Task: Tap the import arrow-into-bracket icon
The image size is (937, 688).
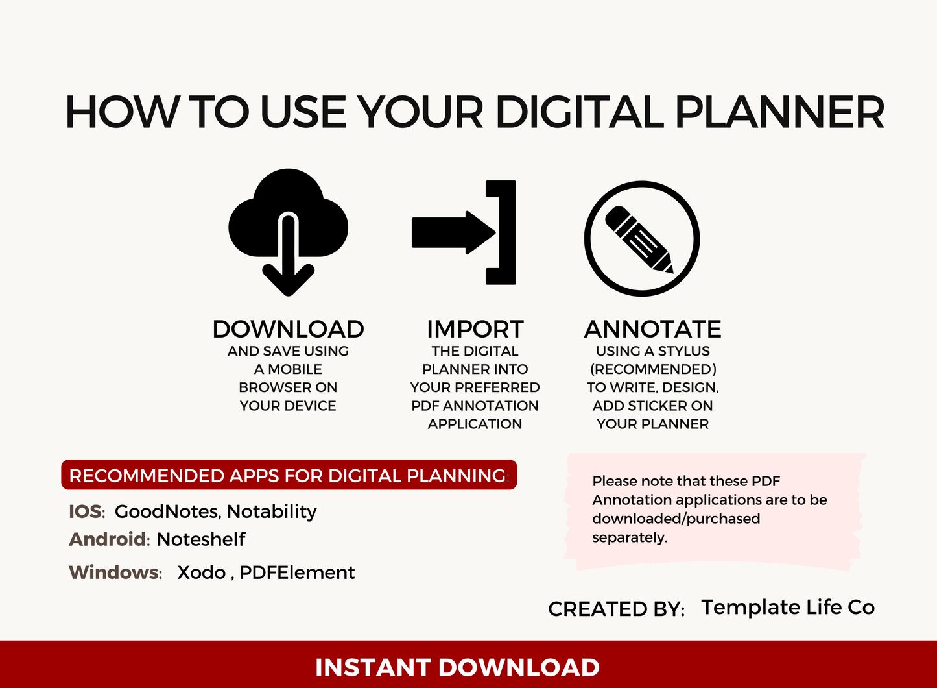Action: pyautogui.click(x=464, y=232)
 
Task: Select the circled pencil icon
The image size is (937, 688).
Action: pyautogui.click(x=641, y=238)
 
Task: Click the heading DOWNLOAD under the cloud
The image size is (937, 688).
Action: pyautogui.click(x=288, y=329)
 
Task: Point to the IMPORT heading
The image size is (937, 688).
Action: pyautogui.click(x=475, y=329)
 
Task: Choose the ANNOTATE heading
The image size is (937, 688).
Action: pyautogui.click(x=652, y=329)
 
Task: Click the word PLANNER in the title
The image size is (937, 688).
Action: pyautogui.click(x=779, y=112)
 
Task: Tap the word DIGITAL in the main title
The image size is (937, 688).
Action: pyautogui.click(x=580, y=112)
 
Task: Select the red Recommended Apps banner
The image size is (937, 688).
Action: pyautogui.click(x=289, y=475)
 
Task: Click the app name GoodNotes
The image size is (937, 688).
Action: pyautogui.click(x=167, y=511)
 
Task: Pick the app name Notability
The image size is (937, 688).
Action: pyautogui.click(x=272, y=511)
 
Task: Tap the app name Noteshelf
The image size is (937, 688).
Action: pyautogui.click(x=201, y=539)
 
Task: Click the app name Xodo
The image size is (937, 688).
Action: pyautogui.click(x=201, y=572)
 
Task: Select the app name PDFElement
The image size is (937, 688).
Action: pyautogui.click(x=297, y=572)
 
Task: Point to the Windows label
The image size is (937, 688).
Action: pyautogui.click(x=115, y=572)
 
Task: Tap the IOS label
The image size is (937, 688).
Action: pyautogui.click(x=86, y=511)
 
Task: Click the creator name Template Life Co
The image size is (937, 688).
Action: pyautogui.click(x=787, y=607)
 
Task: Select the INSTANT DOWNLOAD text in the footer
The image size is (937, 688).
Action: pyautogui.click(x=457, y=667)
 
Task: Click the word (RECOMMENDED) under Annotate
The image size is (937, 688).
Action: pyautogui.click(x=652, y=369)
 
